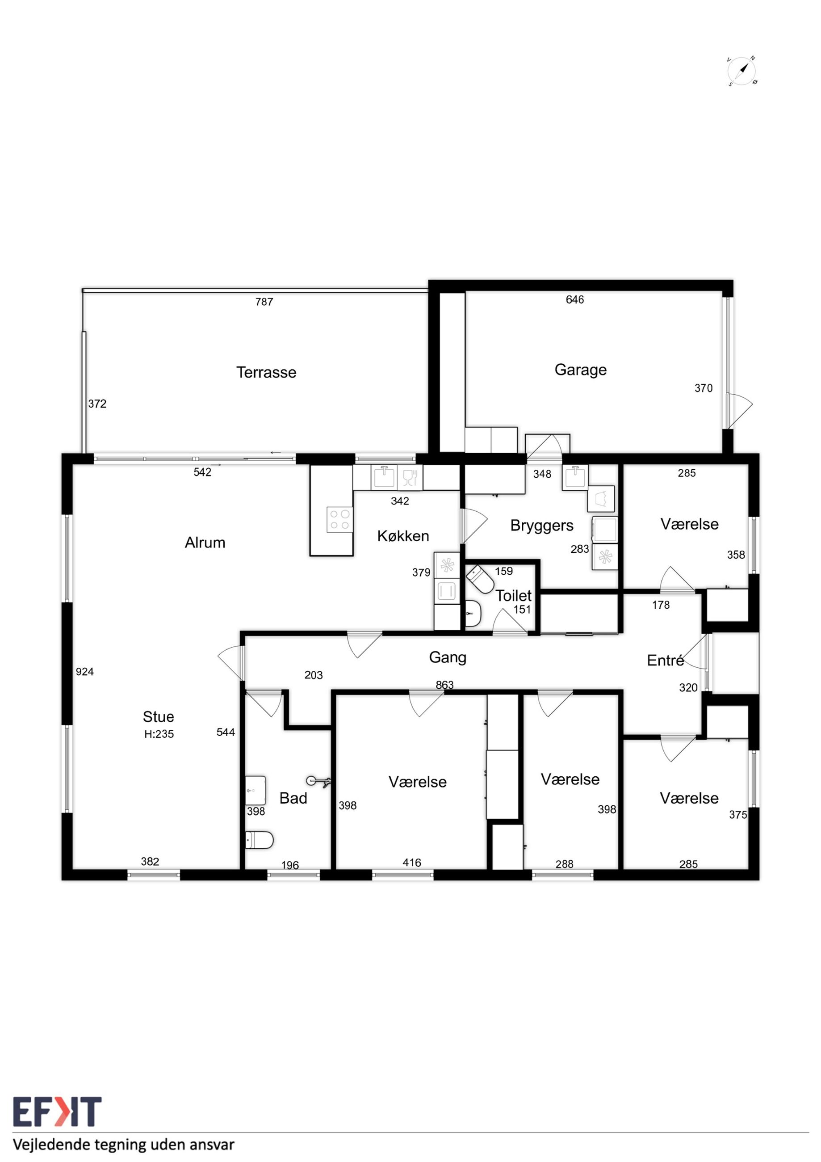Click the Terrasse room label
pyautogui.click(x=266, y=372)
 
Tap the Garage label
pyautogui.click(x=580, y=370)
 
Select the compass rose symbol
pyautogui.click(x=741, y=71)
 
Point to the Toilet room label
pyautogui.click(x=513, y=596)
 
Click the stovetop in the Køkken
pyautogui.click(x=340, y=520)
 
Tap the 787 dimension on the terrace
pyautogui.click(x=264, y=302)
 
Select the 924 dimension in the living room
pyautogui.click(x=84, y=672)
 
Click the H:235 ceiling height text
pyautogui.click(x=159, y=734)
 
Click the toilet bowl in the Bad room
pyautogui.click(x=259, y=840)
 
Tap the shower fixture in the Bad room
pyautogui.click(x=318, y=781)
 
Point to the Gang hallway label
pyautogui.click(x=448, y=657)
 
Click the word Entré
pyautogui.click(x=665, y=660)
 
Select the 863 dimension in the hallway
pyautogui.click(x=444, y=685)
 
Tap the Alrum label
pyautogui.click(x=205, y=543)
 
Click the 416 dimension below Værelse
pyautogui.click(x=412, y=863)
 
